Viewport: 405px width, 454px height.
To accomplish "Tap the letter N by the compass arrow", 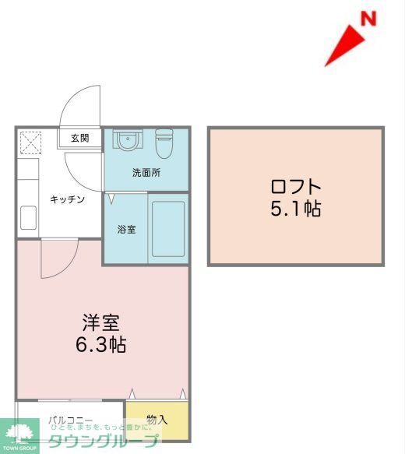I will pos(368,18).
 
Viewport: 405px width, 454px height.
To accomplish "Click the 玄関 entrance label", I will pos(80,139).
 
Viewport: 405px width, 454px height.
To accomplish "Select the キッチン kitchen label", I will pos(67,199).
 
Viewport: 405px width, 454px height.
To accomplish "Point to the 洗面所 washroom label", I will pos(146,173).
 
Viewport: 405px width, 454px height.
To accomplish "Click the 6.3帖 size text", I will pos(101,344).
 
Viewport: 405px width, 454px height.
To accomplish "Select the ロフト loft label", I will pos(296,188).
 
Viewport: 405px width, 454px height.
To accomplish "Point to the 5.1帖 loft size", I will pos(296,209).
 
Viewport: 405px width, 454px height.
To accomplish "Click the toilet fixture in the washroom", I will pos(165,142).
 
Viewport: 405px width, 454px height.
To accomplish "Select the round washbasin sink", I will pos(125,140).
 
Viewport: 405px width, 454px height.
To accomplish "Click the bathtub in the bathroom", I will pos(167,229).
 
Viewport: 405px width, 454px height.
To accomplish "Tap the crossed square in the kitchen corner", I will pos(33,143).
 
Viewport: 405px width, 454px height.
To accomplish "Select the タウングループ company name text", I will pos(101,442).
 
